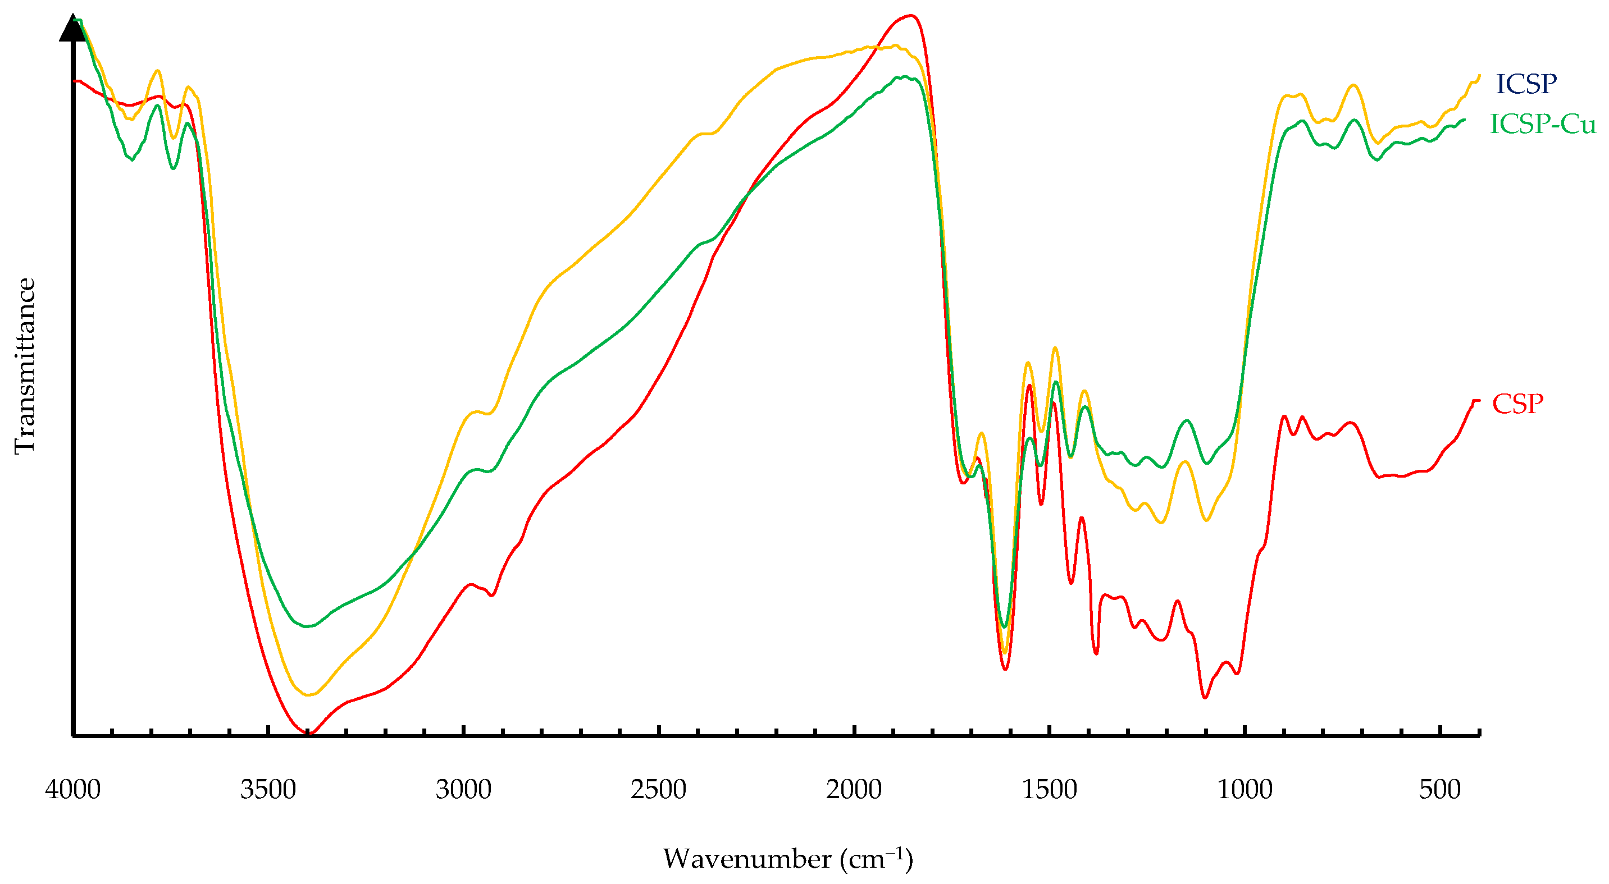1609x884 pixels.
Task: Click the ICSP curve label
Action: pyautogui.click(x=1525, y=84)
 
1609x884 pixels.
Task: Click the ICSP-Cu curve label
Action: pyautogui.click(x=1542, y=124)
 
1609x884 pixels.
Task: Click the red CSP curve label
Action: pyautogui.click(x=1517, y=404)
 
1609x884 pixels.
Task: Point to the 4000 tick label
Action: pyautogui.click(x=72, y=790)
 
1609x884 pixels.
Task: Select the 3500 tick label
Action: pyautogui.click(x=268, y=790)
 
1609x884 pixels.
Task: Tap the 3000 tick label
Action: pyautogui.click(x=463, y=790)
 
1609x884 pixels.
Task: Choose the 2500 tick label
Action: pyautogui.click(x=658, y=790)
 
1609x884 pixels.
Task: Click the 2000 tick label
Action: pyautogui.click(x=853, y=790)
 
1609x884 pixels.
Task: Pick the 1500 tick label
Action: pyautogui.click(x=1049, y=790)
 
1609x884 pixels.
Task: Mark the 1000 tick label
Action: pyautogui.click(x=1244, y=790)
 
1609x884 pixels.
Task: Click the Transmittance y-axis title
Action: pyautogui.click(x=25, y=366)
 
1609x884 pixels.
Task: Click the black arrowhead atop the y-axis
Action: pyautogui.click(x=73, y=28)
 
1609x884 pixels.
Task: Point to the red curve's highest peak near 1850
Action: pyautogui.click(x=911, y=16)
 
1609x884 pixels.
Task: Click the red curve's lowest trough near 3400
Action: pyautogui.click(x=308, y=733)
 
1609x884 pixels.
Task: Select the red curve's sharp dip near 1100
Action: pyautogui.click(x=1204, y=697)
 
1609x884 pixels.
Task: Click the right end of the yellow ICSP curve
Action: pyautogui.click(x=1479, y=76)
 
